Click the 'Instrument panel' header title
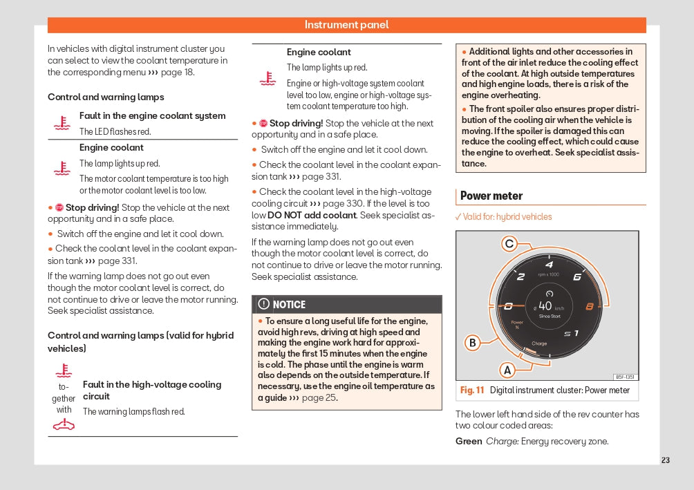click(x=346, y=25)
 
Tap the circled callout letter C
click(x=509, y=243)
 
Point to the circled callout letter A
click(x=507, y=370)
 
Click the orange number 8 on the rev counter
click(x=590, y=306)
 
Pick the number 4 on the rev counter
click(x=549, y=265)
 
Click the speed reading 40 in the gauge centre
click(x=545, y=305)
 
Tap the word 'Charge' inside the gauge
click(x=539, y=343)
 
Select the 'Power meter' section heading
click(x=491, y=196)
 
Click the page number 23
click(x=665, y=460)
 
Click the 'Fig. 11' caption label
click(x=472, y=390)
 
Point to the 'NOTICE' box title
click(x=289, y=305)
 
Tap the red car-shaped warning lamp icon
click(x=64, y=424)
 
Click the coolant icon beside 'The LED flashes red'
click(x=62, y=123)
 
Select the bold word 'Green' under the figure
click(x=469, y=441)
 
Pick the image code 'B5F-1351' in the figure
click(x=624, y=377)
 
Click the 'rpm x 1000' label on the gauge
click(x=547, y=275)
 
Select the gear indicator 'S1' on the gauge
click(x=571, y=334)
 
